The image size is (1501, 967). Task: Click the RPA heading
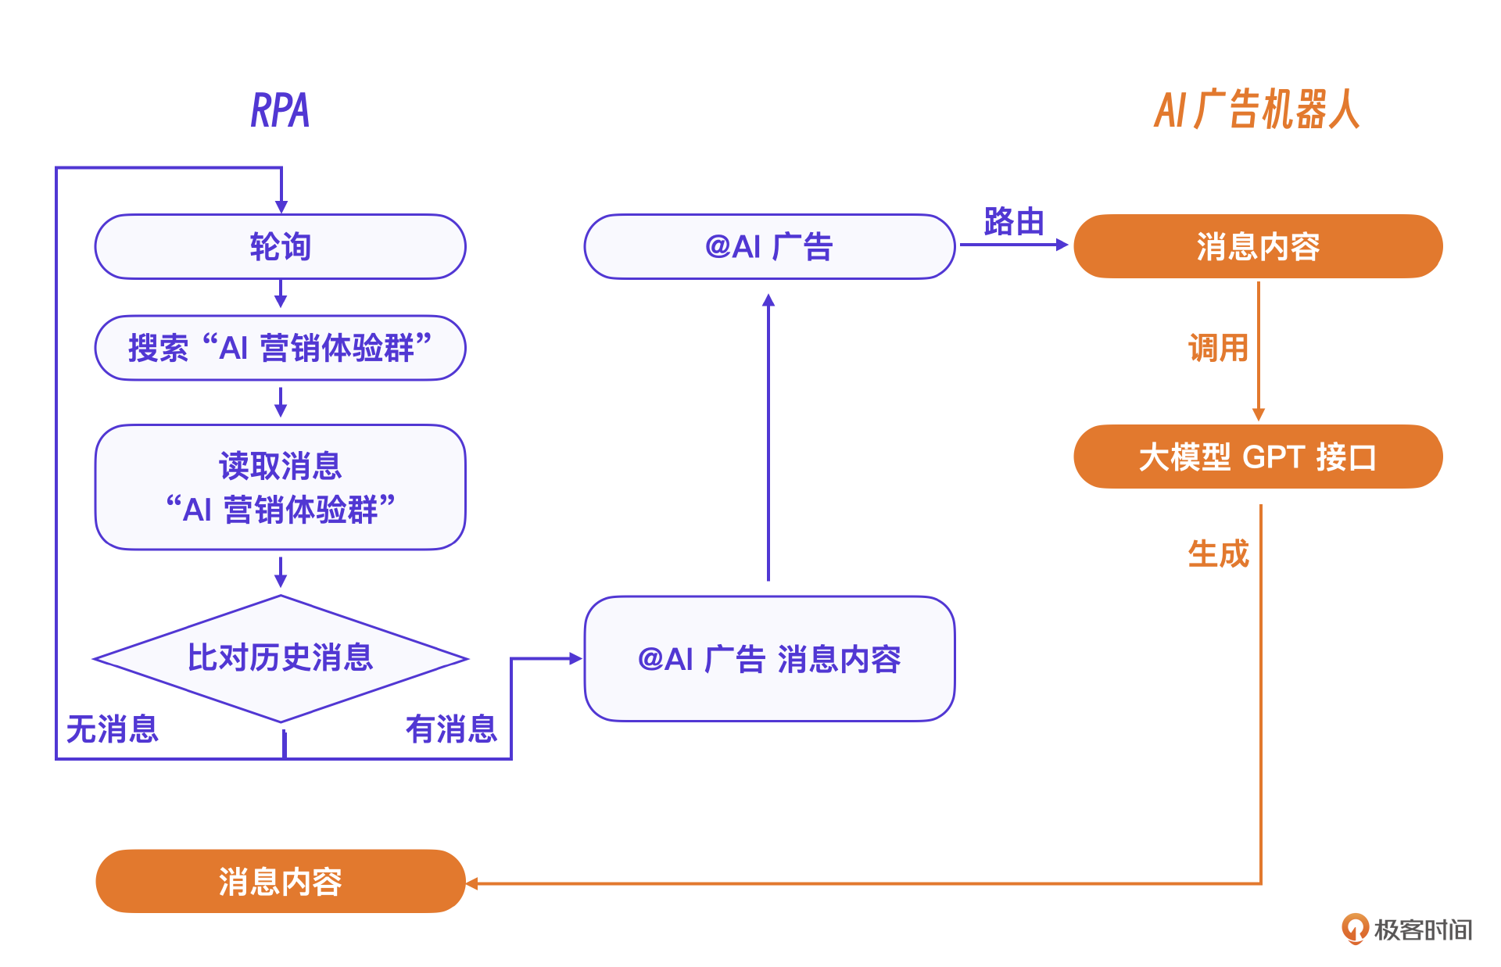(280, 110)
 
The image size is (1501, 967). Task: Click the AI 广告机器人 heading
(1256, 109)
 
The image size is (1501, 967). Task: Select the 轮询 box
(280, 247)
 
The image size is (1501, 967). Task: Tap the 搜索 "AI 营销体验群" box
(280, 348)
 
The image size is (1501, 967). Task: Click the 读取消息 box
(280, 487)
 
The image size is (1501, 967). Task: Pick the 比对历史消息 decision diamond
(280, 658)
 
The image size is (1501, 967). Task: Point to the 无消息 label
(113, 729)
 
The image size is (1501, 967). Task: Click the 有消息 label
(451, 729)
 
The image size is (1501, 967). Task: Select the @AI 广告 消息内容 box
(769, 659)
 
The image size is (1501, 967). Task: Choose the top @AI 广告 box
(769, 247)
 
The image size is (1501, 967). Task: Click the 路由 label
(1014, 222)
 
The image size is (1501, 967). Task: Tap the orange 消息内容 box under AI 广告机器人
(1258, 247)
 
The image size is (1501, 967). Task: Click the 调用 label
(1218, 348)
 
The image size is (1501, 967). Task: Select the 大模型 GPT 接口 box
(1258, 457)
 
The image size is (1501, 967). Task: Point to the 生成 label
(1218, 554)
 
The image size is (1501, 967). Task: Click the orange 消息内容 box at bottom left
(280, 882)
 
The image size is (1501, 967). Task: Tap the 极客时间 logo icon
(1355, 929)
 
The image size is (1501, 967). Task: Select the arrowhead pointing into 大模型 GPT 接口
(1259, 414)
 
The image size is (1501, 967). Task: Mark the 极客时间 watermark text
(1423, 930)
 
